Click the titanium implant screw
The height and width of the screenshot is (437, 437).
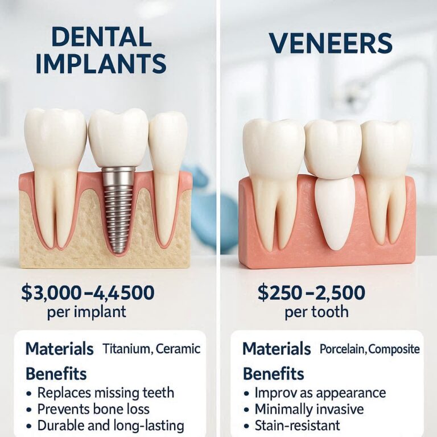coord(118,211)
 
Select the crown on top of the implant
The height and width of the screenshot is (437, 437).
coord(118,138)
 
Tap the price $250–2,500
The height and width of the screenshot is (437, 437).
coord(311,293)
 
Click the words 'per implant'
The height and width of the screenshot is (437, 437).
coord(87,312)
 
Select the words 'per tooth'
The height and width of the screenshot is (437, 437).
coord(316,312)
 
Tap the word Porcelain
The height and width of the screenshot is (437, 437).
coord(342,349)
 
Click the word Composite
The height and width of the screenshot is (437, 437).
coord(394,349)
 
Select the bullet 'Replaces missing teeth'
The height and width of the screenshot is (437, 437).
coord(105,393)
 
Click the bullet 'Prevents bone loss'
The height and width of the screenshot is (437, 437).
coord(93,409)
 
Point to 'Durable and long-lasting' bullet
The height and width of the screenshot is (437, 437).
coord(110,426)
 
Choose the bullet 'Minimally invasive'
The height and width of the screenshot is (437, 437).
coord(309,409)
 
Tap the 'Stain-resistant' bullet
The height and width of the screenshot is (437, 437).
coord(297,426)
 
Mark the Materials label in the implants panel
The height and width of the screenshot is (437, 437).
coord(59,348)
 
